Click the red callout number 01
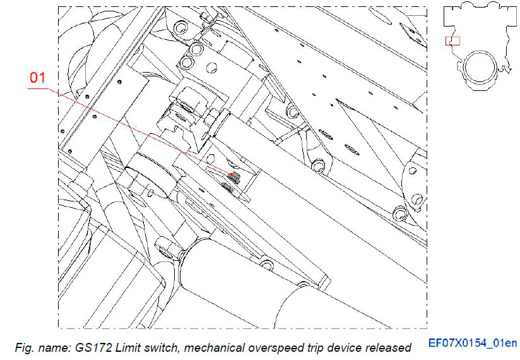click(x=37, y=78)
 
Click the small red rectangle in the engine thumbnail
click(x=452, y=40)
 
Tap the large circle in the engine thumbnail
click(x=477, y=70)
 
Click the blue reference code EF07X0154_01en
click(x=472, y=344)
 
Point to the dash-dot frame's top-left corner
click(x=59, y=7)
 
